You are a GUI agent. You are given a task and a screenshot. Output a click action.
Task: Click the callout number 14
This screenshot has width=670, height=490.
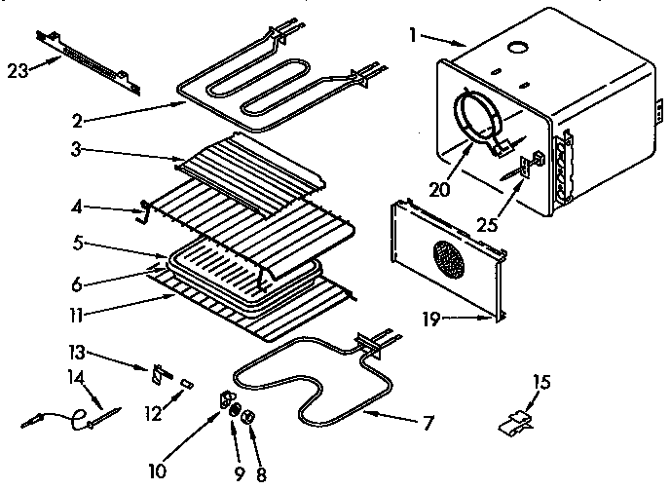click(77, 375)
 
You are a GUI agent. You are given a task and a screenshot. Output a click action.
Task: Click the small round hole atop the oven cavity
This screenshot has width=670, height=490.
click(516, 47)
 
